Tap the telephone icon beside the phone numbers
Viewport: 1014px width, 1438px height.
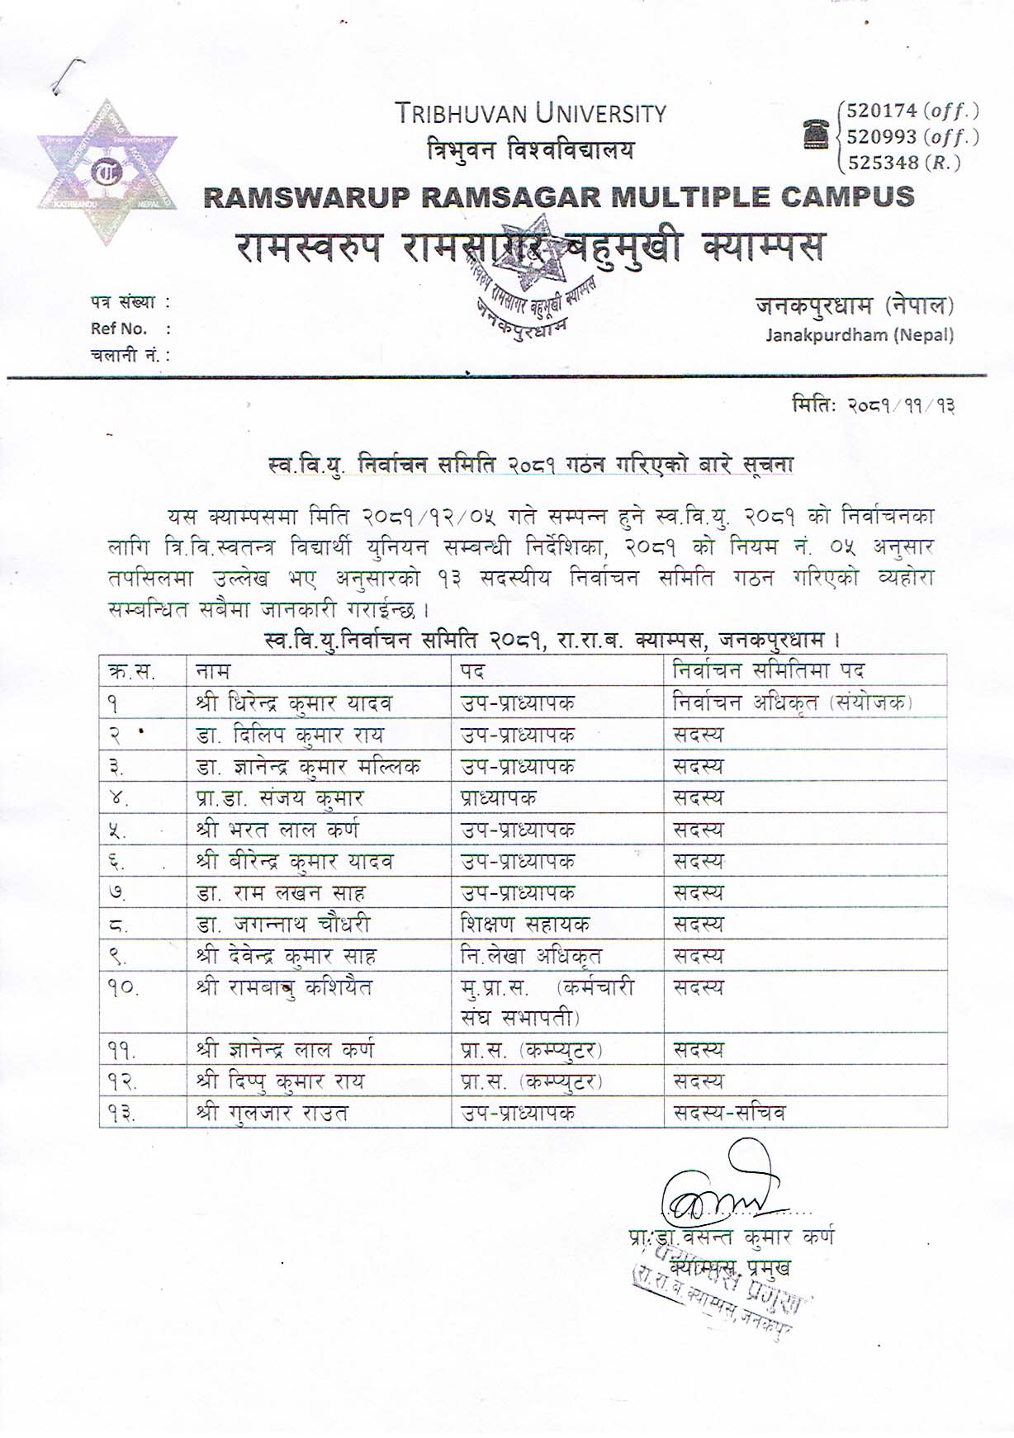(x=816, y=134)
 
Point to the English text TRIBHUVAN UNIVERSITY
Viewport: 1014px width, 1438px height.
(x=529, y=113)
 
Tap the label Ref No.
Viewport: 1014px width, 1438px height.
(x=119, y=329)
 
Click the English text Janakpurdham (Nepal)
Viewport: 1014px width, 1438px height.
(x=859, y=335)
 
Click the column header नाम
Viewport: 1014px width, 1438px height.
(x=213, y=670)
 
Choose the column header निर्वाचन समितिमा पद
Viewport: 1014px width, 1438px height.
(x=768, y=670)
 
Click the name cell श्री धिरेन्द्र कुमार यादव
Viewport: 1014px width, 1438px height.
(x=294, y=703)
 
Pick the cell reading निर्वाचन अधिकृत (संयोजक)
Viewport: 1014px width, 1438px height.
(x=792, y=703)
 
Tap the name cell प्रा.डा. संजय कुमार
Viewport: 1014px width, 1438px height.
(x=279, y=798)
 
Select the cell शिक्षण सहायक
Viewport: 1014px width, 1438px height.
(x=525, y=925)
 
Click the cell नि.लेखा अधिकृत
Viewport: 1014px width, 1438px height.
(x=531, y=956)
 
